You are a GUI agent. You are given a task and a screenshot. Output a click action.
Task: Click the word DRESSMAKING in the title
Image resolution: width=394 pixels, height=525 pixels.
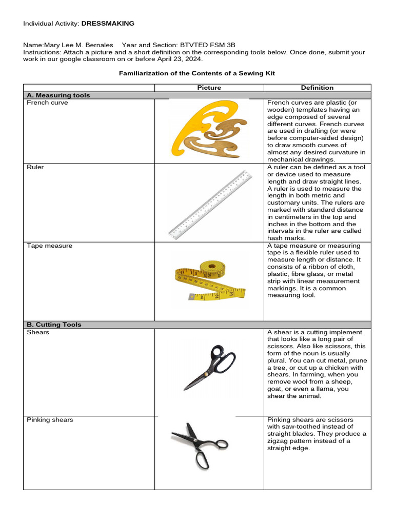(x=108, y=24)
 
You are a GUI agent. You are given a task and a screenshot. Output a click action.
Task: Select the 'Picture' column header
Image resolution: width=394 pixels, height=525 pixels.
(x=209, y=88)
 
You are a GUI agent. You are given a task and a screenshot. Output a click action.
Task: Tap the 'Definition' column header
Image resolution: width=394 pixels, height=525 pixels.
(x=317, y=88)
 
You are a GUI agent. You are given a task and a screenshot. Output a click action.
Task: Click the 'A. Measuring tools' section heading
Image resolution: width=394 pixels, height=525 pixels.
(x=58, y=95)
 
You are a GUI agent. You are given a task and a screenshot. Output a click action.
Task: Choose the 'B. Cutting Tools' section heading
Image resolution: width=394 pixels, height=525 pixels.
(x=54, y=325)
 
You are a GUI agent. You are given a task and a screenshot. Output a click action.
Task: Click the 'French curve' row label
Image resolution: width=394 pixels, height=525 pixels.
(x=47, y=103)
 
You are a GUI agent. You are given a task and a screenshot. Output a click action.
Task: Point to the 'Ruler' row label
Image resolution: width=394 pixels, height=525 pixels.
(x=35, y=167)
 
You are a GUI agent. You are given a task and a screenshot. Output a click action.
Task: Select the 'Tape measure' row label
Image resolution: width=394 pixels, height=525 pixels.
(x=50, y=246)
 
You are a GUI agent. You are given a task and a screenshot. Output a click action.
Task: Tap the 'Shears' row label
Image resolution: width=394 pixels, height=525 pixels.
(x=38, y=332)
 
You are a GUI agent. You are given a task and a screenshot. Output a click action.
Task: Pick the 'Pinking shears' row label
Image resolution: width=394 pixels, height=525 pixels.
(x=50, y=420)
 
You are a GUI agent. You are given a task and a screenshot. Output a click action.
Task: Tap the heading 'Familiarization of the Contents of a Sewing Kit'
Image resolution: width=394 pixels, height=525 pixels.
(x=197, y=73)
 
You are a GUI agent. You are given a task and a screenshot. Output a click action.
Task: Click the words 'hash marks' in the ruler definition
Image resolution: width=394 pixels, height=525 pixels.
(x=285, y=238)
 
